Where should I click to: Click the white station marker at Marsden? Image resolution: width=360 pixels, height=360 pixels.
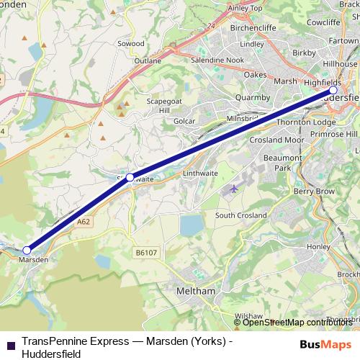tap(27, 250)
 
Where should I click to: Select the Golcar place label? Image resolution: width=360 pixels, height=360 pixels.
tap(184, 121)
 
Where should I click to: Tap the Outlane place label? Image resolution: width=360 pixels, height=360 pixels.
tap(148, 61)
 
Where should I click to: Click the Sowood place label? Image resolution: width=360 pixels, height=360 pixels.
tap(131, 44)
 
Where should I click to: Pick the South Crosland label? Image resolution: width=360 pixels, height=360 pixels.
tap(240, 215)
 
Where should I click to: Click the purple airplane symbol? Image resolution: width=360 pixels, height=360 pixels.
tap(233, 189)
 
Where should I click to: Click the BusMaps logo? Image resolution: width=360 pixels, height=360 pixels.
tap(325, 343)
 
